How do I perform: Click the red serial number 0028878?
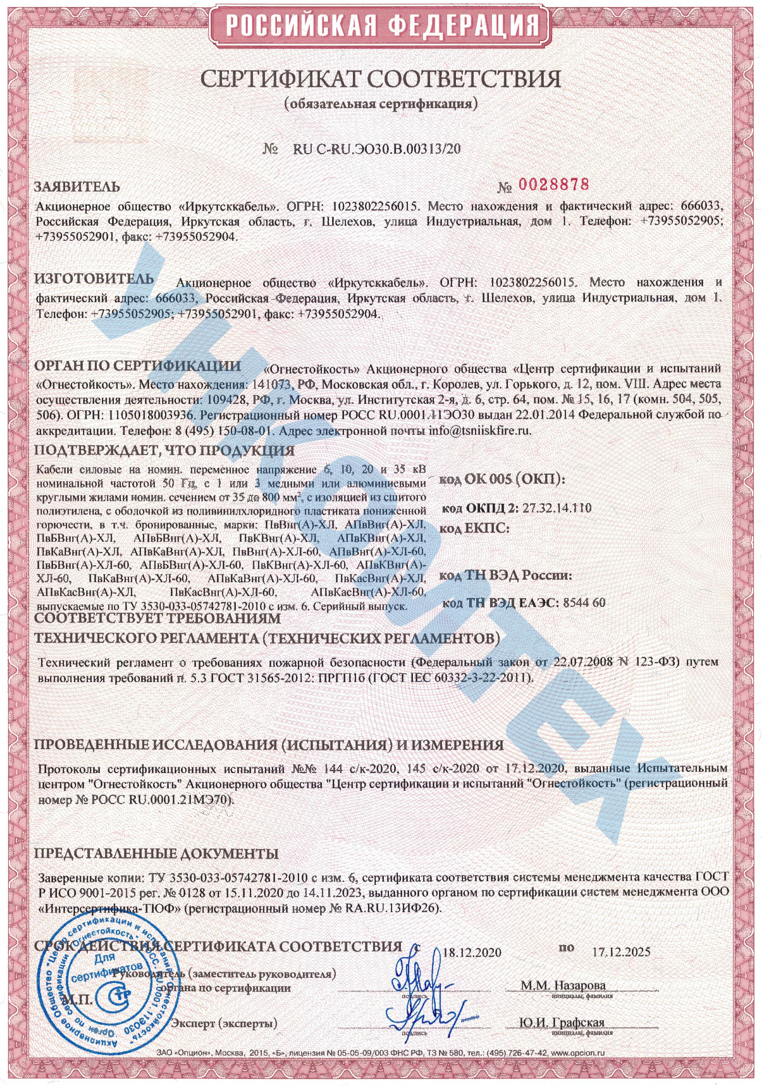pos(553,185)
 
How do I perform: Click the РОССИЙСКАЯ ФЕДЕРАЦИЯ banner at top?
pos(381,26)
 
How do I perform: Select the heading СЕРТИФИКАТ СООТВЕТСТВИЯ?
pos(381,79)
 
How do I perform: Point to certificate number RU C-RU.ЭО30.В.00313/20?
pos(377,149)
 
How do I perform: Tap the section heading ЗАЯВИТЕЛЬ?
pos(77,187)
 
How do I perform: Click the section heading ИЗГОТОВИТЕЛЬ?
pos(94,279)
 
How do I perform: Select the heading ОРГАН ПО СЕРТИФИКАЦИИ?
pos(137,366)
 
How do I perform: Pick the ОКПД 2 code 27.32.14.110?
pos(557,508)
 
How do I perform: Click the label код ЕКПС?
pos(474,528)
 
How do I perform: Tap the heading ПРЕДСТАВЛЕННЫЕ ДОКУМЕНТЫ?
pos(156,853)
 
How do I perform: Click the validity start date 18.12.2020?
pos(472,953)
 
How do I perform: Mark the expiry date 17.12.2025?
pos(621,952)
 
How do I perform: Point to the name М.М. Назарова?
pos(563,985)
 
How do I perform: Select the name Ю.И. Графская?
pos(562,1022)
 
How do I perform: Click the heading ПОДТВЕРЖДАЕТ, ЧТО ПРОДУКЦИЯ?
pos(164,451)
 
